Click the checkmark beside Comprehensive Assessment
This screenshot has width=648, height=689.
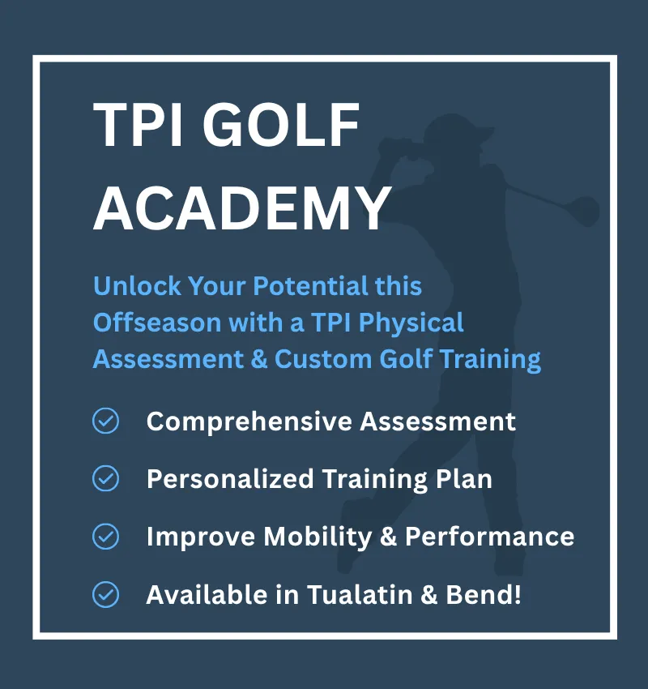point(106,422)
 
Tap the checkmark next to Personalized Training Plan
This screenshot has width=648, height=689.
point(106,479)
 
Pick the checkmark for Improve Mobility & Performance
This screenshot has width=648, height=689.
point(106,537)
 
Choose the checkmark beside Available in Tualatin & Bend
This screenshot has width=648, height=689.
point(106,595)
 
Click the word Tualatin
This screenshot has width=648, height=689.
point(367,595)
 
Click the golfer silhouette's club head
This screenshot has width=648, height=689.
point(586,212)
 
